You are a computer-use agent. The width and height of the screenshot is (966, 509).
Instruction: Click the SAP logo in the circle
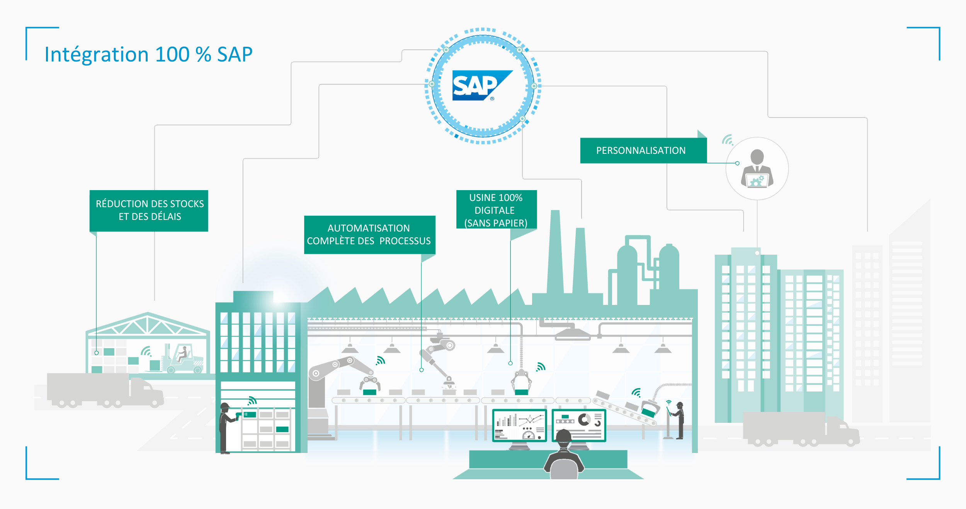pos(481,85)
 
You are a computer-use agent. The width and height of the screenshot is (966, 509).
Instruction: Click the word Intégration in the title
pos(97,54)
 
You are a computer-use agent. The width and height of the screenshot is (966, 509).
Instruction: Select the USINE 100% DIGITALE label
pos(496,210)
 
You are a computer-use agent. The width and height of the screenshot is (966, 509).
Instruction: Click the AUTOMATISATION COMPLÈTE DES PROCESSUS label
pos(369,235)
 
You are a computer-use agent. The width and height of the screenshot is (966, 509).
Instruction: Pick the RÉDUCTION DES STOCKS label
pos(149,210)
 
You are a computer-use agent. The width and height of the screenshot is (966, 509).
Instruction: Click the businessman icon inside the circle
pos(757,169)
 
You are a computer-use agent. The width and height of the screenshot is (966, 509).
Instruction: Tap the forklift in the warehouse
pos(183,359)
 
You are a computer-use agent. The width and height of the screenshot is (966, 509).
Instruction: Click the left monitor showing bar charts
pos(519,425)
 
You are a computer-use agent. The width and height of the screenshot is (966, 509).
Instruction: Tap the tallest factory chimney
pos(555,251)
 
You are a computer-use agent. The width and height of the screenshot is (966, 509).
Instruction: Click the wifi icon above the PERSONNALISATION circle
pos(728,140)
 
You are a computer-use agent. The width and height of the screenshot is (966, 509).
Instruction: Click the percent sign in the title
pos(203,54)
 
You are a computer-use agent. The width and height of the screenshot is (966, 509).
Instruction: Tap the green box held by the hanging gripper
pos(521,392)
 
